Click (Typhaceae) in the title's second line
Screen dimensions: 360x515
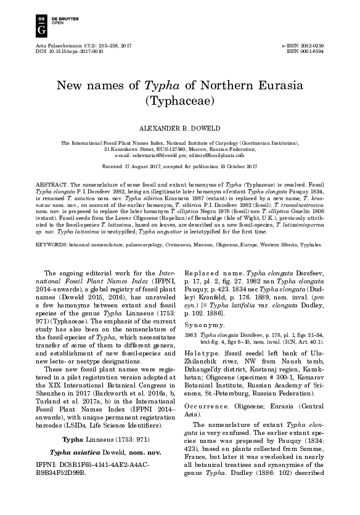pos(179,100)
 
